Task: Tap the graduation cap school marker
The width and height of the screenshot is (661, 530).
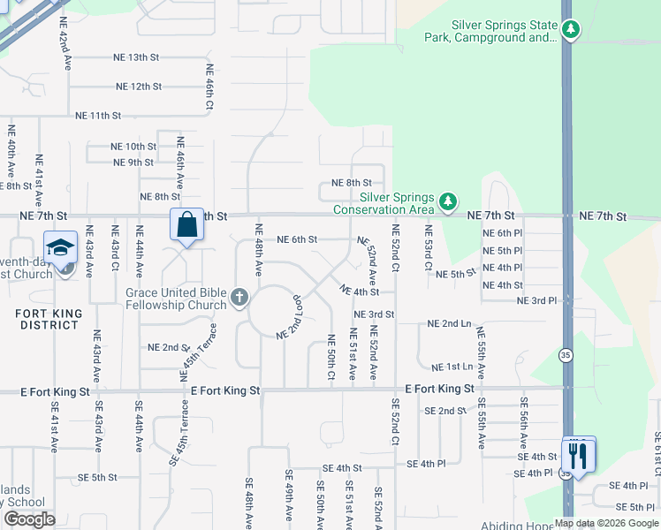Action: pos(60,248)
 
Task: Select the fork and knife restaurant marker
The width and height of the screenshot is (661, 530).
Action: pos(579,456)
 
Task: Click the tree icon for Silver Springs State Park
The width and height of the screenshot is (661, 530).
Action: pos(571,31)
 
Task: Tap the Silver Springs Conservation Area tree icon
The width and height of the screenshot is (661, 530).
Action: pos(448,202)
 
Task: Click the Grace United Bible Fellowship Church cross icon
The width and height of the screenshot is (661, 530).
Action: pos(239,299)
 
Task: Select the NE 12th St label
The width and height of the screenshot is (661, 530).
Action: pos(139,87)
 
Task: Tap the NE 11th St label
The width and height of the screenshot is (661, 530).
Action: pos(98,116)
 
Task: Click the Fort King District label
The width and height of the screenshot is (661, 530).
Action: pos(49,319)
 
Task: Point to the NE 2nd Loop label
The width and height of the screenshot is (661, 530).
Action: pos(290,318)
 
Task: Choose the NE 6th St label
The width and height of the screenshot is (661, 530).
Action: pos(297,239)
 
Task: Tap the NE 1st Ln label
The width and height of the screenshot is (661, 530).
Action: pos(452,367)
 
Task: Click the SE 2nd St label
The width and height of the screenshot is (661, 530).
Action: pos(444,411)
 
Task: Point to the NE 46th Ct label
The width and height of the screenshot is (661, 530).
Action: pos(210,86)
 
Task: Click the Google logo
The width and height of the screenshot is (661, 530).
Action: pos(29,519)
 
